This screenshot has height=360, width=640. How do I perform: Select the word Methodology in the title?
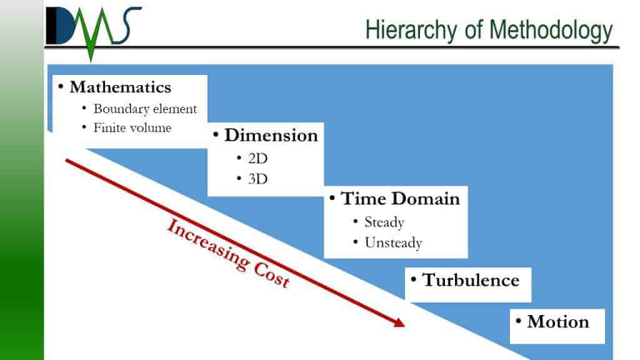click(x=551, y=31)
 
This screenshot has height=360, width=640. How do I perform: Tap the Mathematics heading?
click(x=121, y=87)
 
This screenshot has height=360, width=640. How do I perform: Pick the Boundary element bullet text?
click(x=145, y=109)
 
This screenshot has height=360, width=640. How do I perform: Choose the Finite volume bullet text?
click(x=132, y=127)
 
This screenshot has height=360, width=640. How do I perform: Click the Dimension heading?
click(x=271, y=135)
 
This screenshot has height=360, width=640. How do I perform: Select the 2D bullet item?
click(x=257, y=158)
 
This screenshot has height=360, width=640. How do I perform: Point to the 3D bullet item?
click(x=257, y=179)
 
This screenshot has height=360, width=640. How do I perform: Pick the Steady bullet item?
click(x=384, y=222)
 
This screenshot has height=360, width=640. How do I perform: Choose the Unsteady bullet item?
click(x=393, y=243)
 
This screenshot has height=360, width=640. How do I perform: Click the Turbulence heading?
click(x=471, y=281)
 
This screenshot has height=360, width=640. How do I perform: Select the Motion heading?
click(x=558, y=322)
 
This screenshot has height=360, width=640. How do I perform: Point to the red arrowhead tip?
click(x=404, y=326)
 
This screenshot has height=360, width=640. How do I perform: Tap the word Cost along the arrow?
click(x=272, y=274)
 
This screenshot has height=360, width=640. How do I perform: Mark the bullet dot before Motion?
click(x=518, y=321)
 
